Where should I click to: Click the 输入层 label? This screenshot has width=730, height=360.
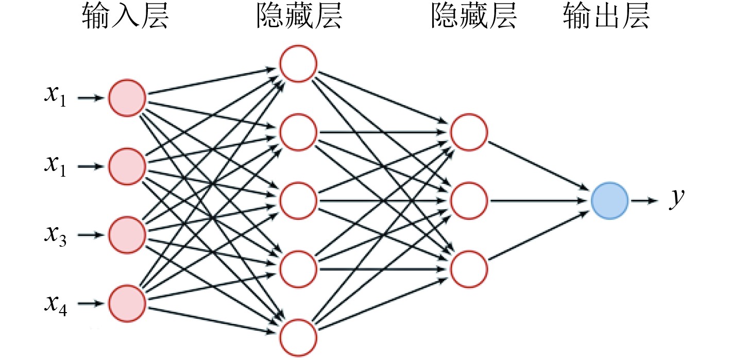[x=125, y=19]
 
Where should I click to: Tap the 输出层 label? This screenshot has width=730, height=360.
[x=606, y=19]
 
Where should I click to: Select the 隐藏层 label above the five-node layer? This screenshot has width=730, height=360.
[x=299, y=19]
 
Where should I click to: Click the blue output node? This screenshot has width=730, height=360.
[x=609, y=201]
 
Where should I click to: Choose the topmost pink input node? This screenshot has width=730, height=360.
[x=127, y=97]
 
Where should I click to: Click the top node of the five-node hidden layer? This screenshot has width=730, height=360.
[x=298, y=63]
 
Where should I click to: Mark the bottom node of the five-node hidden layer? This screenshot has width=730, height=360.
[x=298, y=337]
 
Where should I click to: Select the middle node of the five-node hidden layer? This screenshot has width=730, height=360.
[x=298, y=200]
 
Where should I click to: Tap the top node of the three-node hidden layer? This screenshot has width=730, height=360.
[x=469, y=132]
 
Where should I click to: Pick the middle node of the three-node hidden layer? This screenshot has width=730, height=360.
[x=469, y=200]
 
